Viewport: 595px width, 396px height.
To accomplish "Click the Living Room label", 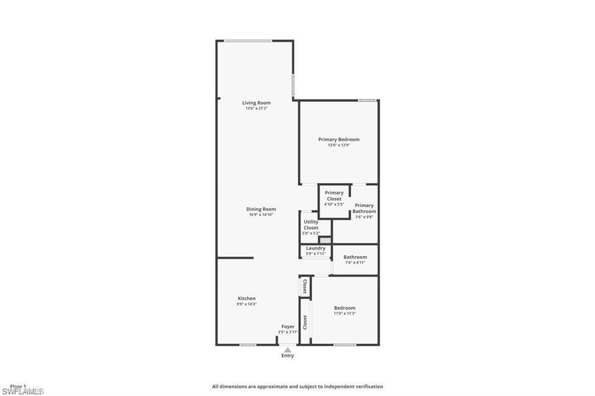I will [x=256, y=103].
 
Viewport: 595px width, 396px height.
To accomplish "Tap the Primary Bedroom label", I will [x=339, y=140].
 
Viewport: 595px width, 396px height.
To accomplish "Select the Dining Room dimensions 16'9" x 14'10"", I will [x=261, y=215].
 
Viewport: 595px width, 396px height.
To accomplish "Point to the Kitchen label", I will [x=246, y=298].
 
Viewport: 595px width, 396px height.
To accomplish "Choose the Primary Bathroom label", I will [x=364, y=208].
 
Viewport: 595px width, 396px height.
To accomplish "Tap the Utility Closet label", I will [x=311, y=224].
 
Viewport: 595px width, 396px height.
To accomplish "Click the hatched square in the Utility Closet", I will [x=325, y=239].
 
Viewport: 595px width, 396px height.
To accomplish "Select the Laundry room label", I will [x=316, y=248].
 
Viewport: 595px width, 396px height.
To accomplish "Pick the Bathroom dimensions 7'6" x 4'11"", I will [x=355, y=262].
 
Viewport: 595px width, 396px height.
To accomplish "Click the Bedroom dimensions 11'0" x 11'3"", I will [x=345, y=313].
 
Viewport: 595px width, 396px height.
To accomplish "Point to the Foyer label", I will [x=288, y=327].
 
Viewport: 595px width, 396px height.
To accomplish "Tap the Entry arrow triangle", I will [x=287, y=349].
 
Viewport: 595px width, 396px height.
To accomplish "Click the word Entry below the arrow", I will [x=288, y=356].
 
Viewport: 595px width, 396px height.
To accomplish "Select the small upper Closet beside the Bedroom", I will [x=305, y=286].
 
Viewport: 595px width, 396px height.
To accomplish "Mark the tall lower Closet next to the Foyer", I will [x=305, y=322].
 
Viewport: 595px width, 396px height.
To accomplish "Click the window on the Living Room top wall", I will [x=248, y=41].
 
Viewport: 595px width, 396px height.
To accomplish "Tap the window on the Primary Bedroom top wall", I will [x=367, y=100].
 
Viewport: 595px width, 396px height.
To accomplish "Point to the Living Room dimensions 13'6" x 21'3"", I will [x=256, y=108].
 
